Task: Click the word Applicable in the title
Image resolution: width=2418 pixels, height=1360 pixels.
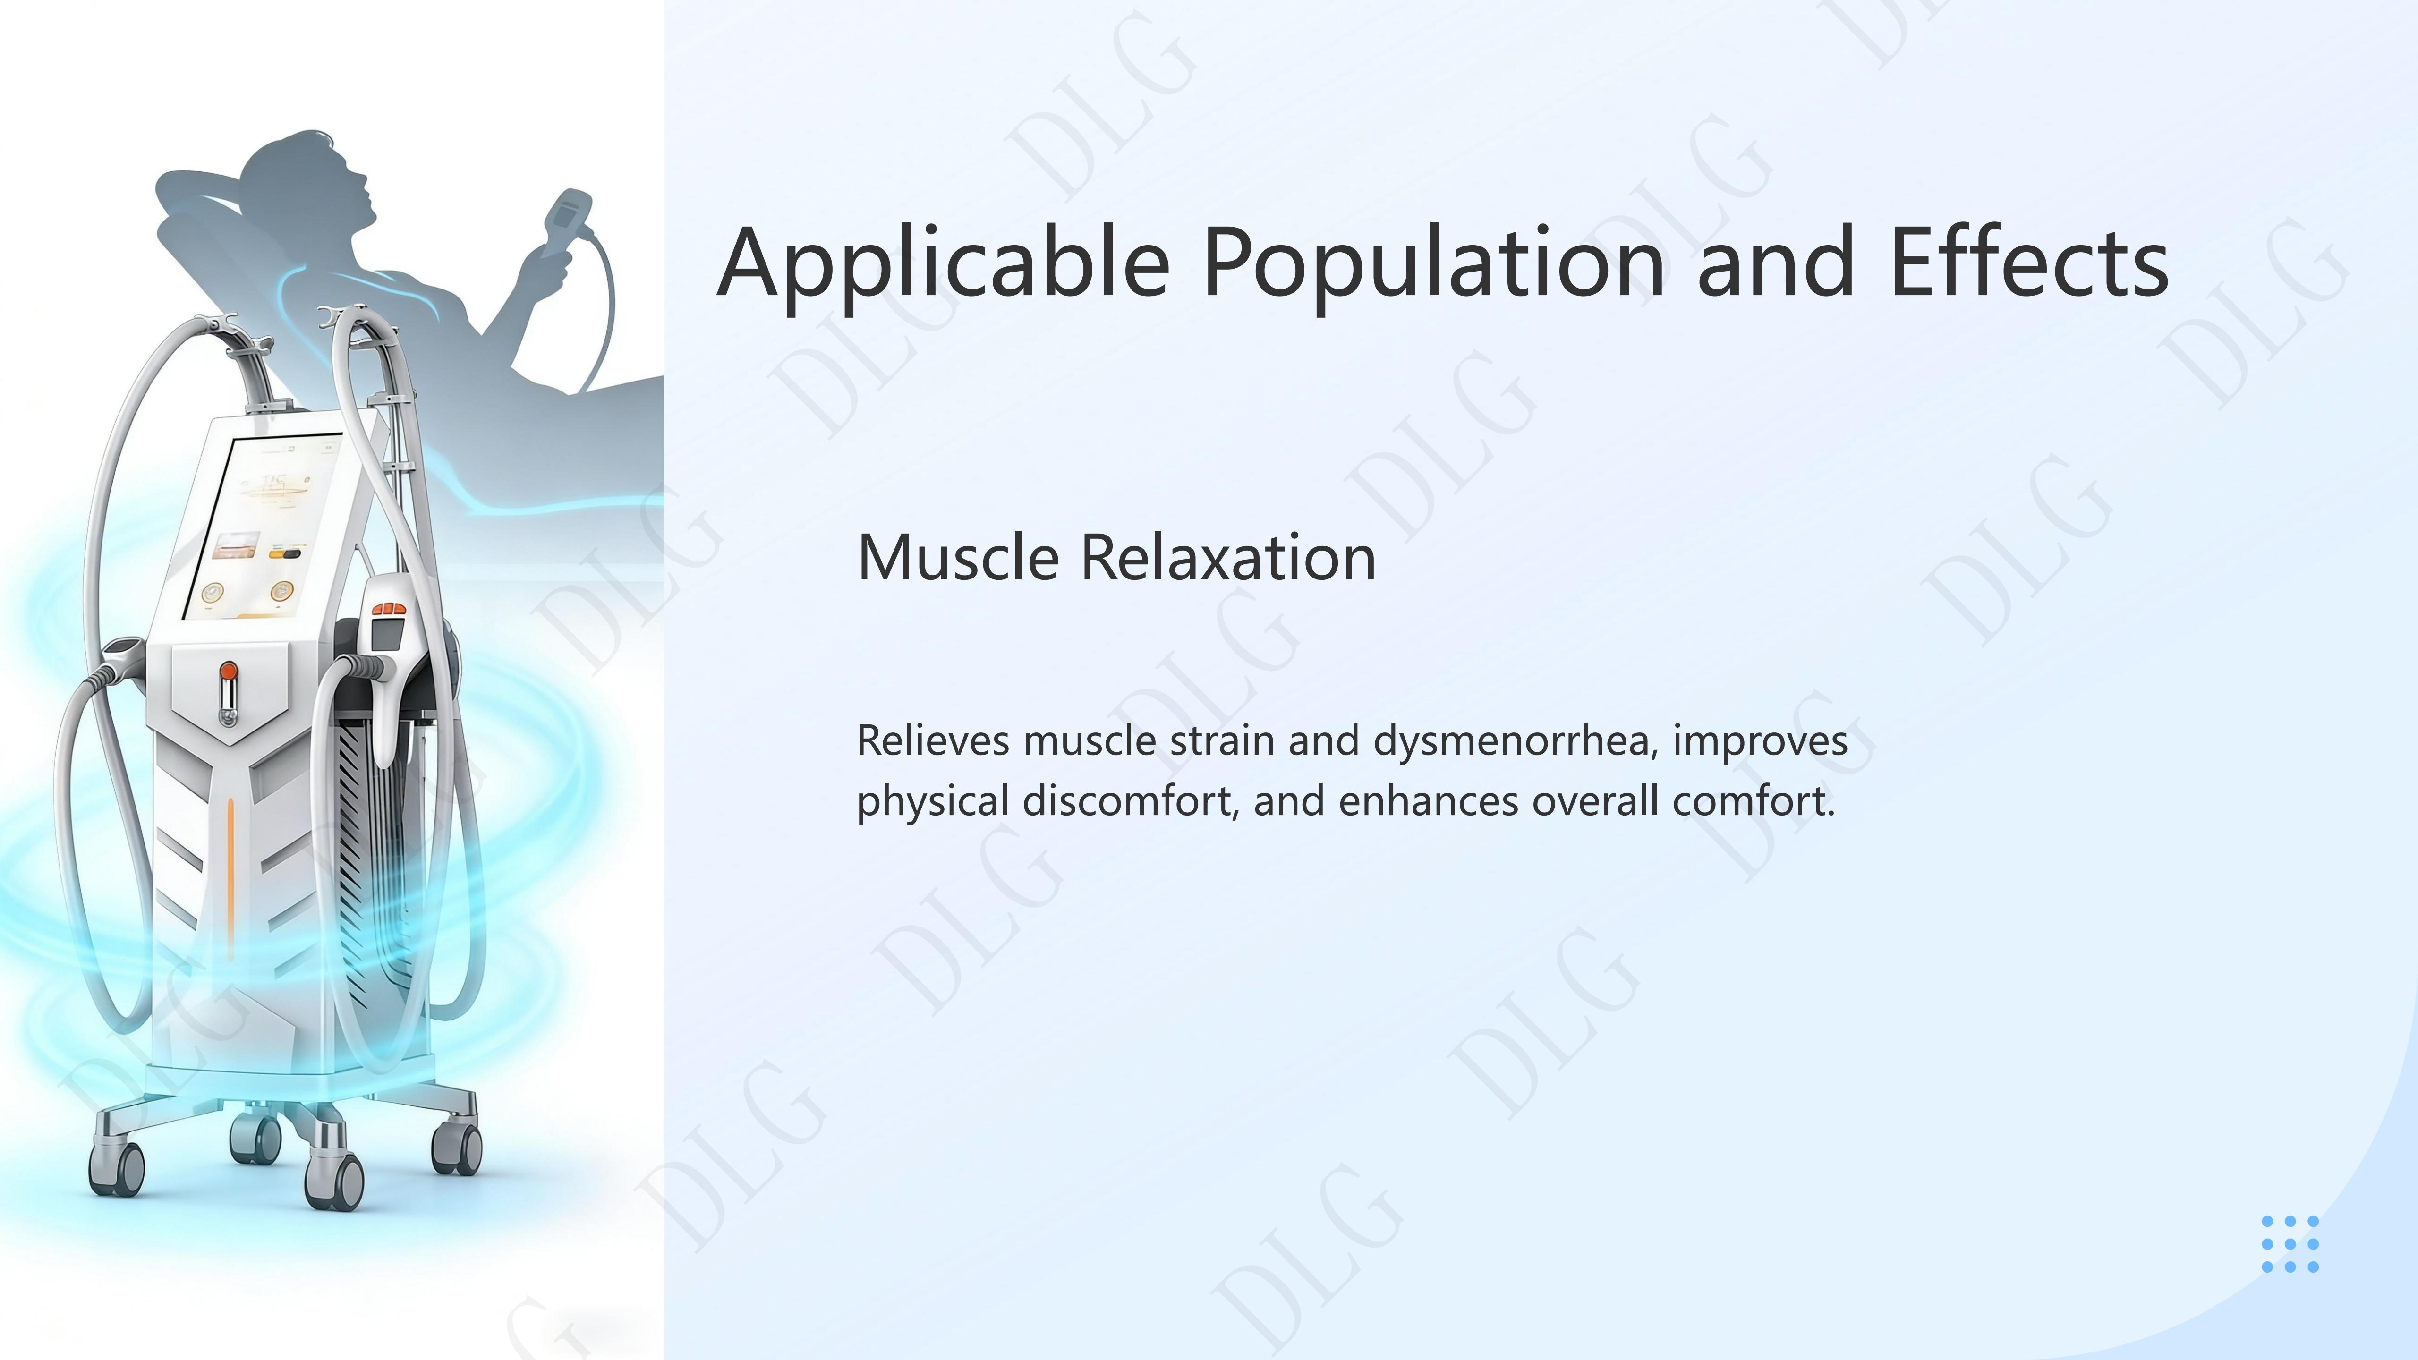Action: [944, 264]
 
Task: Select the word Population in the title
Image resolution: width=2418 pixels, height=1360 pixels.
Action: [1433, 264]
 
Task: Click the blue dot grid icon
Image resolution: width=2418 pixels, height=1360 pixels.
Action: [2290, 1244]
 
